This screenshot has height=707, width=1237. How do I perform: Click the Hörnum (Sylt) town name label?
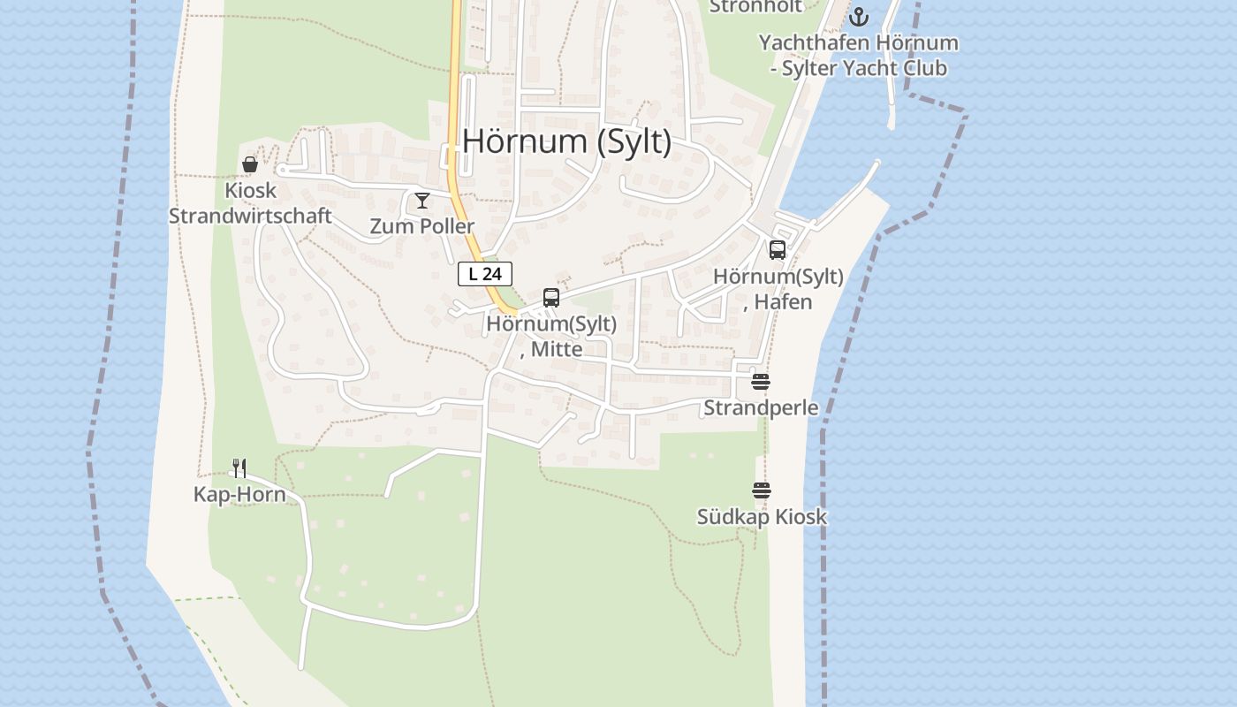click(566, 141)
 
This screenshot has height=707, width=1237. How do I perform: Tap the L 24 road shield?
click(485, 274)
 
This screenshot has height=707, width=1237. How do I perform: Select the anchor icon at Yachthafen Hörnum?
click(859, 17)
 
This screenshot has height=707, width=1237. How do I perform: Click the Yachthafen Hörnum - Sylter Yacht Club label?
click(858, 55)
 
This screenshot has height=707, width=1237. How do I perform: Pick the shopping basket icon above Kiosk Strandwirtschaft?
click(250, 164)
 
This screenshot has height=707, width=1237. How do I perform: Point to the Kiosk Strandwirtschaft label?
click(250, 203)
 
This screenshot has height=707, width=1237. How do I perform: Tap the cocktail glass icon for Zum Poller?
click(422, 201)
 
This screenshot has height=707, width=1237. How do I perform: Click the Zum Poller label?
click(421, 226)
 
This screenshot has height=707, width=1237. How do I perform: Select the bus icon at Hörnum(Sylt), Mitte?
click(551, 298)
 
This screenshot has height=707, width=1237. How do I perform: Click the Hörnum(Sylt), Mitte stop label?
click(551, 336)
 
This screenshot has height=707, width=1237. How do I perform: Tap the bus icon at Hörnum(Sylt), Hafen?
click(778, 250)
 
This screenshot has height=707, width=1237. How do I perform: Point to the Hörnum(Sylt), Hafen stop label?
click(778, 289)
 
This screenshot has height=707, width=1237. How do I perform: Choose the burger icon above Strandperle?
click(761, 382)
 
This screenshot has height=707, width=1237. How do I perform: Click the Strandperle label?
click(761, 407)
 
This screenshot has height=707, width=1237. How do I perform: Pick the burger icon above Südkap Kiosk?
click(762, 490)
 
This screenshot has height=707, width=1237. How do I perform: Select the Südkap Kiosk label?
click(762, 516)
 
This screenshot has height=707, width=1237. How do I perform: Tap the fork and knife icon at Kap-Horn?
click(239, 468)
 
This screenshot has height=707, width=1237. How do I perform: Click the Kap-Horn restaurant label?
click(239, 494)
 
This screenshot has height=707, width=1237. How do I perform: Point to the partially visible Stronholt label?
click(755, 6)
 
